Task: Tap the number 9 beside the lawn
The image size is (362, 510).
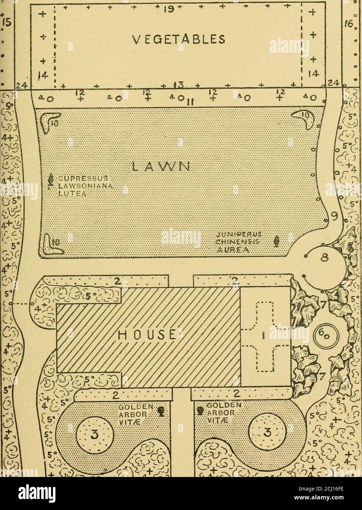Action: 334,213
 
